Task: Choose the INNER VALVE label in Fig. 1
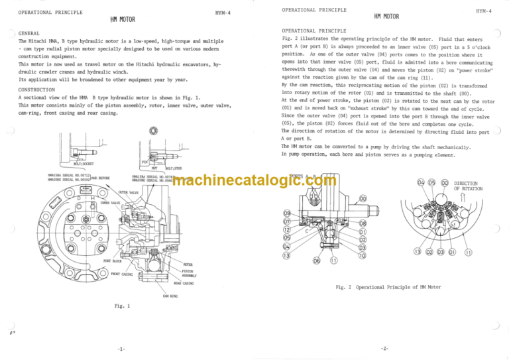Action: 109,203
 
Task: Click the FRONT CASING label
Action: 123,273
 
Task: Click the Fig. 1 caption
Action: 123,306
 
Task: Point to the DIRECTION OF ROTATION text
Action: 468,186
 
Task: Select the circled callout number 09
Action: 286,213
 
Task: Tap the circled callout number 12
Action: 286,229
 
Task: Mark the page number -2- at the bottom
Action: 385,349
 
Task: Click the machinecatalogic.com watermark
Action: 254,182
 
